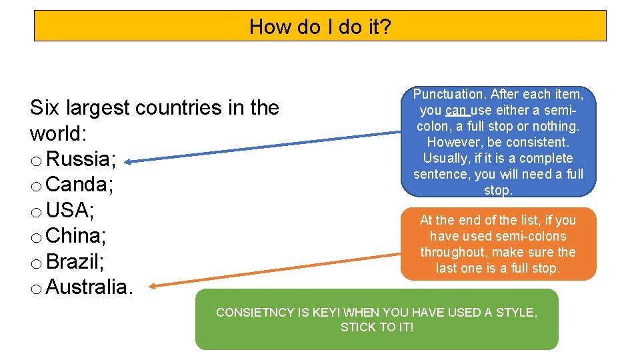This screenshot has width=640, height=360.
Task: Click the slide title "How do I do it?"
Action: (320, 27)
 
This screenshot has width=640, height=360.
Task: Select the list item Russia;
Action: (82, 159)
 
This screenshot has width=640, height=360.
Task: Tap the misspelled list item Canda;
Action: (80, 185)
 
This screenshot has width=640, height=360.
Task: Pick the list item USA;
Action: (71, 211)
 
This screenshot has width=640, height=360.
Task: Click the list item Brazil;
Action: (75, 261)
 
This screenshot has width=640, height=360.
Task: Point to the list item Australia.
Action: (90, 287)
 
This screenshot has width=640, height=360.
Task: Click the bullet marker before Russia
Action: (37, 161)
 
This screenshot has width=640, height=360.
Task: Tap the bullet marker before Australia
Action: (37, 289)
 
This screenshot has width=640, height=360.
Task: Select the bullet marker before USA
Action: (37, 213)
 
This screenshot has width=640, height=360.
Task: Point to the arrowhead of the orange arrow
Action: (152, 287)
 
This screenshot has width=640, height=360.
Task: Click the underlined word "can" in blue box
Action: (457, 110)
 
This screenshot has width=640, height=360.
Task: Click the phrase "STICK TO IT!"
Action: (377, 327)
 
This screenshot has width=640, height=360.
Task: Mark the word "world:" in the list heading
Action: (58, 133)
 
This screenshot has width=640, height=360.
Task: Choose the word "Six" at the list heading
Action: (45, 108)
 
